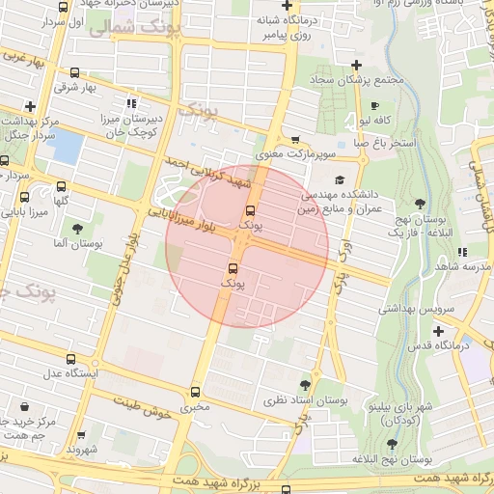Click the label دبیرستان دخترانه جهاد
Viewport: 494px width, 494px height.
(x=144, y=5)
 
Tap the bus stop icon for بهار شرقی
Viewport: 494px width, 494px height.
(x=75, y=73)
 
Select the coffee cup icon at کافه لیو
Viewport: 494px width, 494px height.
(x=374, y=105)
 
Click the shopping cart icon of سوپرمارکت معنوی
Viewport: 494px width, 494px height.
(x=295, y=140)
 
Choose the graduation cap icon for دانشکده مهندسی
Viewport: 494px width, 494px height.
(x=340, y=179)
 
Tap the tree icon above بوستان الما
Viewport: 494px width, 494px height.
(x=76, y=228)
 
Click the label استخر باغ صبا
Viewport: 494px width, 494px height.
(x=383, y=143)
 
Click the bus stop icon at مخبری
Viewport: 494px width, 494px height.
(x=197, y=393)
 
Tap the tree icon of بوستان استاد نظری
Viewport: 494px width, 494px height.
(x=306, y=385)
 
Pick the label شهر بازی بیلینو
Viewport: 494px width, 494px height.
(x=391, y=408)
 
